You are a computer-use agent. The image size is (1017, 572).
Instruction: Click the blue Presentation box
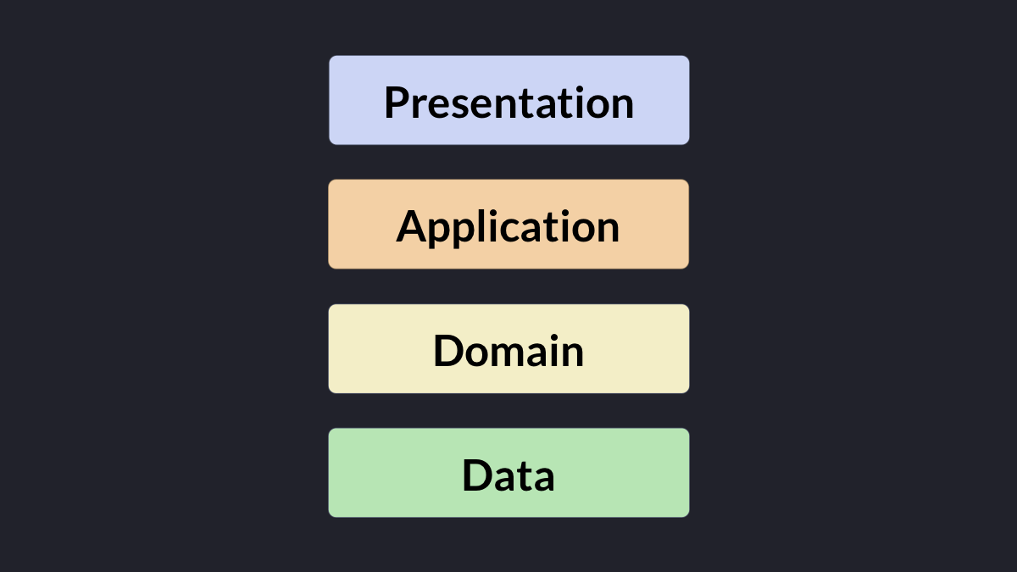(x=509, y=100)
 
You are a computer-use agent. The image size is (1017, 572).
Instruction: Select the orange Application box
(x=508, y=225)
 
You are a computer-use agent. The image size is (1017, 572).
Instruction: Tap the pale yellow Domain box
(x=509, y=348)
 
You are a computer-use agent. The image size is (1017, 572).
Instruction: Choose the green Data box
(x=509, y=473)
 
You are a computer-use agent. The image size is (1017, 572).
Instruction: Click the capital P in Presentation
(x=397, y=103)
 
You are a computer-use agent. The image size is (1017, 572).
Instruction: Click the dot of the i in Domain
(x=553, y=337)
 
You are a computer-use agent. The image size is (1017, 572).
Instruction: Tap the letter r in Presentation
(x=420, y=106)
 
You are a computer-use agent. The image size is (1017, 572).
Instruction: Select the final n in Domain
(x=573, y=354)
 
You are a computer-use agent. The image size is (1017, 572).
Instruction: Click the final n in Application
(x=609, y=230)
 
